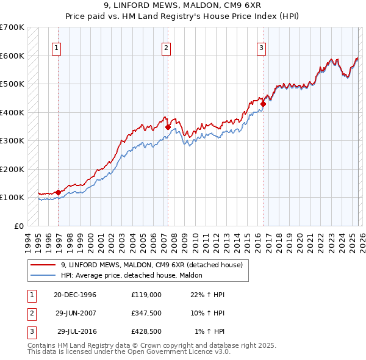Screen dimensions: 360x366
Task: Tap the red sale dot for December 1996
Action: click(58, 192)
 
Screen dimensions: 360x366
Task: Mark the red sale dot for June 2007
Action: click(168, 128)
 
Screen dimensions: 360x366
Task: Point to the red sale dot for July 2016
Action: click(263, 104)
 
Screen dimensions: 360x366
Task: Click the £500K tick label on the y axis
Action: click(12, 84)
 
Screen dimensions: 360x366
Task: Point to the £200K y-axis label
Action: click(12, 169)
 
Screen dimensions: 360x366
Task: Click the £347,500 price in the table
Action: click(146, 313)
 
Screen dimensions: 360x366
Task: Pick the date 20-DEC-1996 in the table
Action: click(75, 295)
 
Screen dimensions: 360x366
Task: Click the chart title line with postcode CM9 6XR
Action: click(183, 5)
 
